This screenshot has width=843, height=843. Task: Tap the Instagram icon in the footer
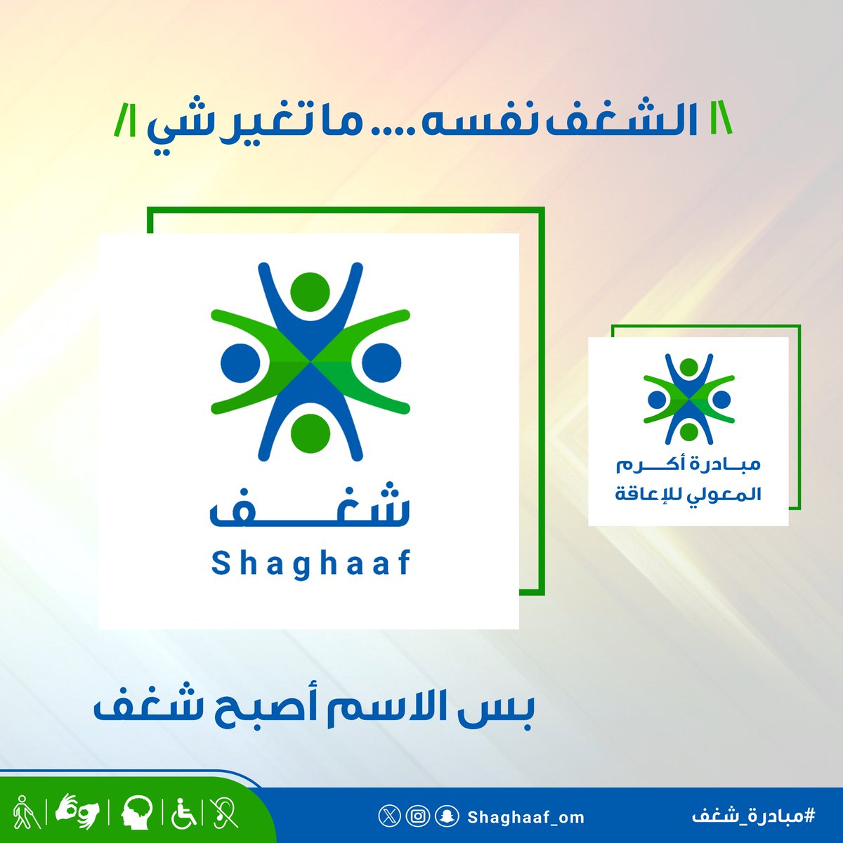(x=419, y=816)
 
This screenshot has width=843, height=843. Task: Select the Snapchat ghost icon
(x=448, y=816)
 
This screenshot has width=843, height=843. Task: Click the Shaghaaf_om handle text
(x=525, y=817)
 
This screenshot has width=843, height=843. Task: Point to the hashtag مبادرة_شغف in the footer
(x=752, y=816)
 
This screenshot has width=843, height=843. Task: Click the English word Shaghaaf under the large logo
(x=310, y=563)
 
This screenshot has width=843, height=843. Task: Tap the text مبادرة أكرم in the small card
(x=688, y=465)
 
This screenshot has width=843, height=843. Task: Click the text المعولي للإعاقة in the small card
(x=688, y=494)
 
